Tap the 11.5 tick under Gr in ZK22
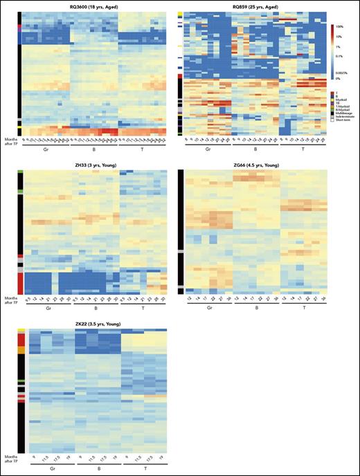(x=47, y=457)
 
